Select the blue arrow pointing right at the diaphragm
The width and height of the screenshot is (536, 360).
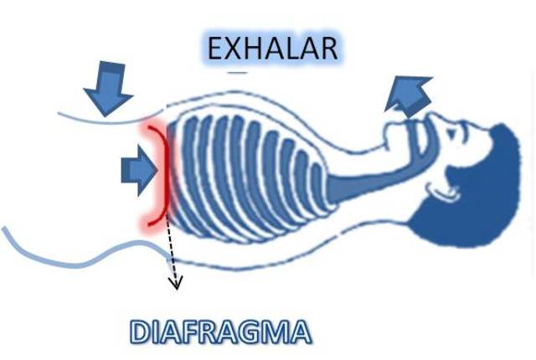point(139,172)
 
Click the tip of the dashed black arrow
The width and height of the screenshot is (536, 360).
point(176,286)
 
